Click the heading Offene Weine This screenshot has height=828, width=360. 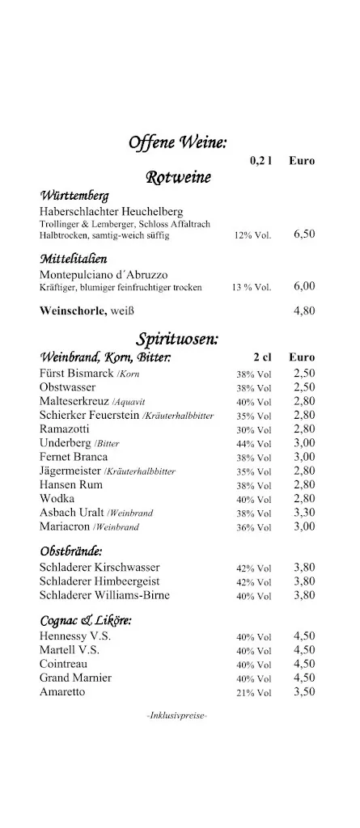pyautogui.click(x=178, y=143)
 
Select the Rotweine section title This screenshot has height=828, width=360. pyautogui.click(x=178, y=177)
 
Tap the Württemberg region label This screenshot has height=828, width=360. pyautogui.click(x=74, y=196)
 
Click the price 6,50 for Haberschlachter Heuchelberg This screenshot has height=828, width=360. pyautogui.click(x=304, y=234)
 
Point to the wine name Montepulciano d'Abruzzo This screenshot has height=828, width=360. pyautogui.click(x=104, y=274)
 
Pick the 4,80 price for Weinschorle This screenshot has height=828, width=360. pyautogui.click(x=304, y=310)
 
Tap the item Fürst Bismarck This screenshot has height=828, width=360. pyautogui.click(x=78, y=373)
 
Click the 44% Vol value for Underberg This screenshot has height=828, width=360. pyautogui.click(x=254, y=444)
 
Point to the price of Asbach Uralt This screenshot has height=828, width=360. pyautogui.click(x=304, y=512)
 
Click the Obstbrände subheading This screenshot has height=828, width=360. pyautogui.click(x=71, y=551)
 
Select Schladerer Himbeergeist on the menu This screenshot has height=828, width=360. pyautogui.click(x=100, y=581)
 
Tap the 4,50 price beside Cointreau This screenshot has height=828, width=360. pyautogui.click(x=304, y=664)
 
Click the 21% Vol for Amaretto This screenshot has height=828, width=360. pyautogui.click(x=254, y=693)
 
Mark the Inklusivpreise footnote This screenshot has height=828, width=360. pyautogui.click(x=177, y=715)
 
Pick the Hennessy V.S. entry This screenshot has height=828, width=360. pyautogui.click(x=75, y=636)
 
